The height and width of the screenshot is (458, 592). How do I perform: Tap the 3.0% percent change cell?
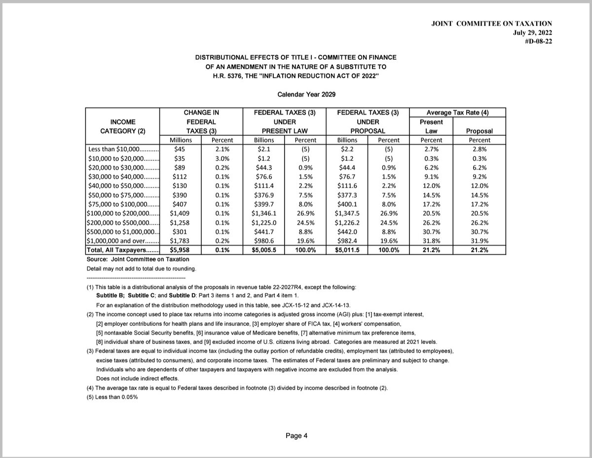[221, 158]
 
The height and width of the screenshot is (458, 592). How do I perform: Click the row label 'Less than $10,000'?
[123, 149]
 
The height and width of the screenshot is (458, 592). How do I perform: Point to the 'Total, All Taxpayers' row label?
[123, 250]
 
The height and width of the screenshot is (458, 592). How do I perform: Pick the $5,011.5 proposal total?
[347, 250]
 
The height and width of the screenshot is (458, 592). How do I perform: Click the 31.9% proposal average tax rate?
[479, 241]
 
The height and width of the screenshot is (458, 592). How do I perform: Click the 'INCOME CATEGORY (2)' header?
[123, 126]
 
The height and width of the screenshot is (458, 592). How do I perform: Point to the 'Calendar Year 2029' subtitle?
[296, 93]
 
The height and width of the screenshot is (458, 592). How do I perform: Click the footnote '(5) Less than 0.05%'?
[109, 397]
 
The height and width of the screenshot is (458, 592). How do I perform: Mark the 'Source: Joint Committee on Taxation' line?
[138, 259]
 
